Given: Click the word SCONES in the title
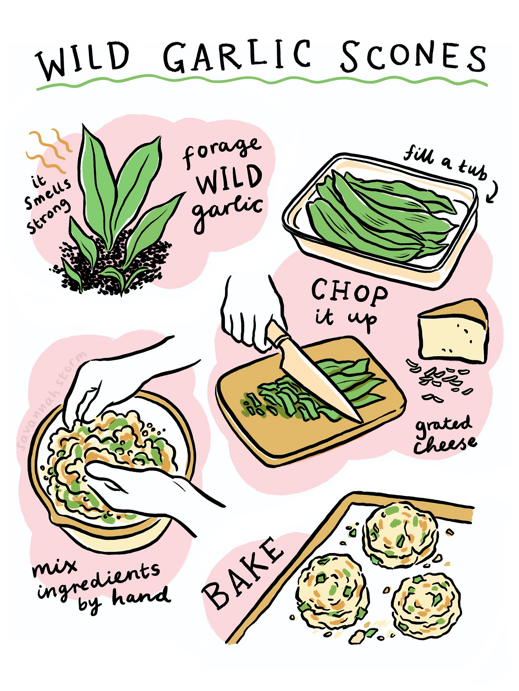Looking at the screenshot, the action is tap(413, 57).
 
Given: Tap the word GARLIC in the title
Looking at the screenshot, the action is tap(237, 56).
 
